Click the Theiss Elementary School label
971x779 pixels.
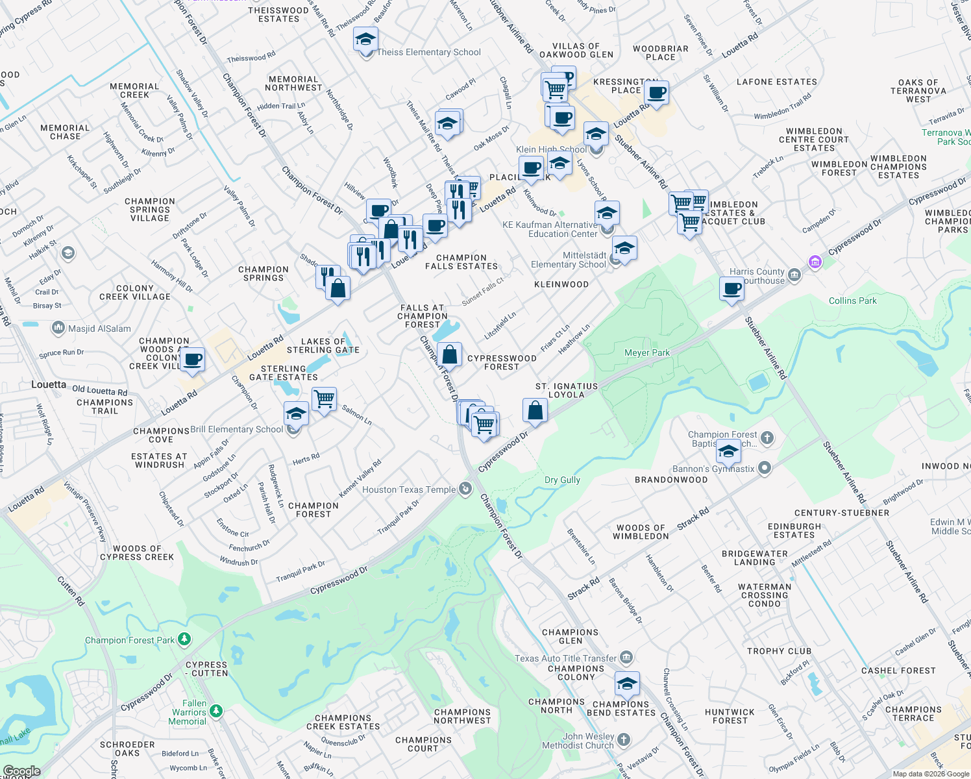pyautogui.click(x=429, y=52)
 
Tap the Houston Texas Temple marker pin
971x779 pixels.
pyautogui.click(x=465, y=489)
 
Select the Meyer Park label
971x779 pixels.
pyautogui.click(x=646, y=352)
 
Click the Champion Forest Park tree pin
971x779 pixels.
pyautogui.click(x=184, y=639)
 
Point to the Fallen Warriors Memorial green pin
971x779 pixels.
pyautogui.click(x=216, y=711)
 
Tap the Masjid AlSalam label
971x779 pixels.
pyautogui.click(x=99, y=328)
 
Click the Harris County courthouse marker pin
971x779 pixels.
pyautogui.click(x=794, y=276)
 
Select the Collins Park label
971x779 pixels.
pyautogui.click(x=852, y=301)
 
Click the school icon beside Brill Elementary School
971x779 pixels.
pyautogui.click(x=296, y=413)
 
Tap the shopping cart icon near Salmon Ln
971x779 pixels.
pyautogui.click(x=324, y=399)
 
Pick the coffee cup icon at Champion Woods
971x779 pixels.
pyautogui.click(x=192, y=359)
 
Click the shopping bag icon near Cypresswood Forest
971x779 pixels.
pyautogui.click(x=449, y=355)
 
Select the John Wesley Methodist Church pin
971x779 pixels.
pyautogui.click(x=623, y=739)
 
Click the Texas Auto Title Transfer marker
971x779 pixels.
pyautogui.click(x=626, y=658)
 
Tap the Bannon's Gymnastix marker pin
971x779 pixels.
pyautogui.click(x=765, y=467)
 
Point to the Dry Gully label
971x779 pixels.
pyautogui.click(x=562, y=480)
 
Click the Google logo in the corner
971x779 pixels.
pyautogui.click(x=21, y=771)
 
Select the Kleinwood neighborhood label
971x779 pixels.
pyautogui.click(x=561, y=284)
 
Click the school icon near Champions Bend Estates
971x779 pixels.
pyautogui.click(x=627, y=684)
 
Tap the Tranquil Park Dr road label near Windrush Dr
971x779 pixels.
pyautogui.click(x=301, y=571)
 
